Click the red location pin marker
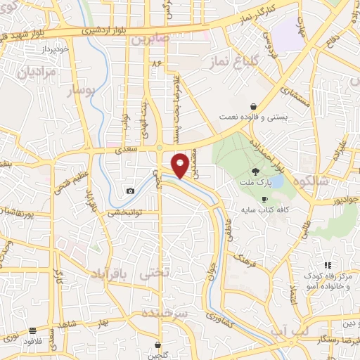click(x=181, y=165)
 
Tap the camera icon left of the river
click(x=130, y=191)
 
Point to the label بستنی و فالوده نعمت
click(x=253, y=117)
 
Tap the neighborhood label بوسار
click(x=79, y=91)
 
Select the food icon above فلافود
click(x=33, y=330)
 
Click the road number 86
click(x=155, y=64)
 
